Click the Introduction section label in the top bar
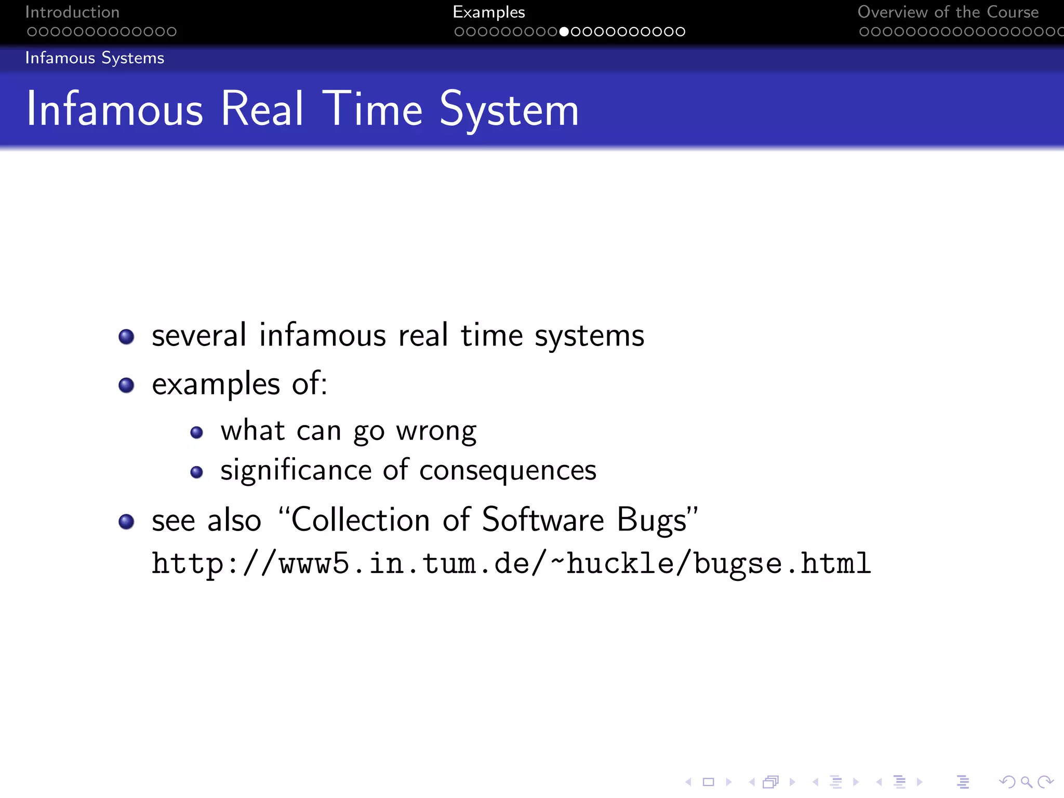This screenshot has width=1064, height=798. [x=72, y=12]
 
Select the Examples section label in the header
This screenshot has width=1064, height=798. [x=489, y=12]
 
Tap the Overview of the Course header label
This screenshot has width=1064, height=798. [x=948, y=12]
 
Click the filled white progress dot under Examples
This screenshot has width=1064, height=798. [x=564, y=32]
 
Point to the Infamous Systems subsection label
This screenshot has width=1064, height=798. [x=95, y=58]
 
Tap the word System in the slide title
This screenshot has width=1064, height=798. [x=509, y=110]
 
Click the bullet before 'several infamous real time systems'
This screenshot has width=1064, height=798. [x=126, y=337]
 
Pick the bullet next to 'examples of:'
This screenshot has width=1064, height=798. [x=126, y=385]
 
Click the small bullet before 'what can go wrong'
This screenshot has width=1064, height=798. [x=196, y=432]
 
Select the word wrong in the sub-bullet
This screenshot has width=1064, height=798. [x=436, y=432]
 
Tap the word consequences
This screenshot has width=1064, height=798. [x=508, y=471]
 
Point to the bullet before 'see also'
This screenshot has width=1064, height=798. [x=126, y=521]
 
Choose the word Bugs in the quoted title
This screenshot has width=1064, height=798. [x=652, y=521]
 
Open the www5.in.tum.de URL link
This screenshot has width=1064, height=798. [x=511, y=564]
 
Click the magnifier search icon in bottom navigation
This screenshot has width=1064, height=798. [x=1026, y=781]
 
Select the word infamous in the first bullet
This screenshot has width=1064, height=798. [x=323, y=335]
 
